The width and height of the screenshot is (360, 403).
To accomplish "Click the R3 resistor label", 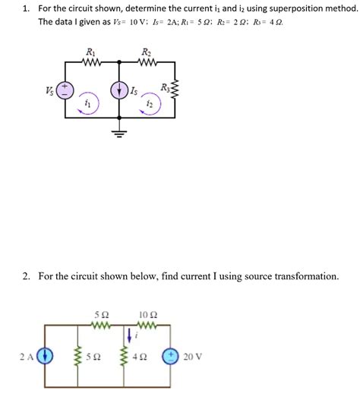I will (x=165, y=88).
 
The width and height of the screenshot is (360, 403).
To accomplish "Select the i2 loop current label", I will (x=149, y=102).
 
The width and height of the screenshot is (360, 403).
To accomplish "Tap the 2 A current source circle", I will (x=46, y=356).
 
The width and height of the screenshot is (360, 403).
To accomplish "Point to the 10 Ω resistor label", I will (x=149, y=313).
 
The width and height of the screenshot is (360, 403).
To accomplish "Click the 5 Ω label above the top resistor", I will (x=102, y=313).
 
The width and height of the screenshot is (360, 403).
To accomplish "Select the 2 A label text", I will (x=27, y=356).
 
